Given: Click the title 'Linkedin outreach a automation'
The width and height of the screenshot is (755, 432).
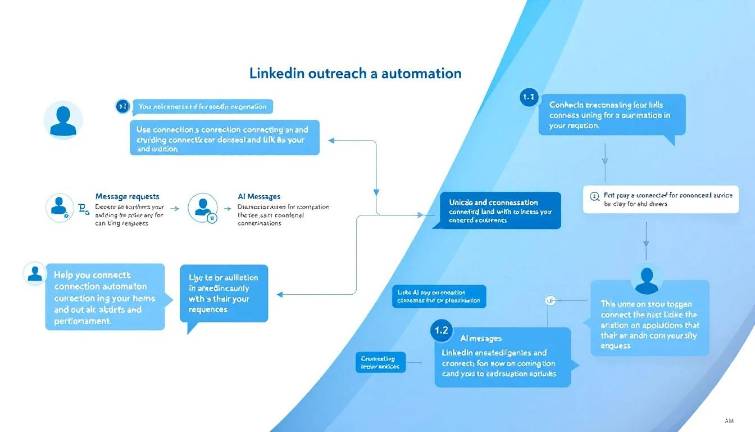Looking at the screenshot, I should [x=355, y=73].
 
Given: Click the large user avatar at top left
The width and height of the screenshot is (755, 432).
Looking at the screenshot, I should [x=63, y=120].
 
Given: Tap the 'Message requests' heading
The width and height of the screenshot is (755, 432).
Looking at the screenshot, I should [x=127, y=196].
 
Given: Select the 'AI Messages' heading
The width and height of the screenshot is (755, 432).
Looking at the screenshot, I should [x=259, y=196].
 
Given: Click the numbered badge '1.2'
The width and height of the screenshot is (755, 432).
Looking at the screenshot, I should [x=442, y=331].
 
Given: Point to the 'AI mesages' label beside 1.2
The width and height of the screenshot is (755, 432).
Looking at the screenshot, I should [x=481, y=338].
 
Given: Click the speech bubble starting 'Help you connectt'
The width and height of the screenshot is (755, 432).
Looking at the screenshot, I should [x=105, y=297].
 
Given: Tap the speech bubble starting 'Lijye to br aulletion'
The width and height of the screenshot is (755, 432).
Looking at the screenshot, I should [x=224, y=294].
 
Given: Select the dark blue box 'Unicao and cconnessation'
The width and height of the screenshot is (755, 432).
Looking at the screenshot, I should [x=497, y=210].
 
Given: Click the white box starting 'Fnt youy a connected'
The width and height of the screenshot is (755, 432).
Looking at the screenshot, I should [x=661, y=199].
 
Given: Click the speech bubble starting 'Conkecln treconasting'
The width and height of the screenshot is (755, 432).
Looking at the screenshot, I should [x=612, y=115].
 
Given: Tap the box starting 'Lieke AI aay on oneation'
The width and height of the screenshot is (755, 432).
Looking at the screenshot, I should [x=439, y=296].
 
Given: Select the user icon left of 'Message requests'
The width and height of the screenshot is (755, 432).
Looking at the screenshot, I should [x=59, y=208].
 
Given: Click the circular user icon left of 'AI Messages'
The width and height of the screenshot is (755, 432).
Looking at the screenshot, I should [x=202, y=208].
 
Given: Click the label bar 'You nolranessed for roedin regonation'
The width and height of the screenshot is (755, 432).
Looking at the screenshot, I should [x=203, y=106].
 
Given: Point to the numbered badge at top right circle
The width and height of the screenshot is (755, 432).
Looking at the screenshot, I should [x=529, y=97].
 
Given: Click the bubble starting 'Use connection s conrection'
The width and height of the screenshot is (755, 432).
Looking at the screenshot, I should [x=224, y=137].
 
